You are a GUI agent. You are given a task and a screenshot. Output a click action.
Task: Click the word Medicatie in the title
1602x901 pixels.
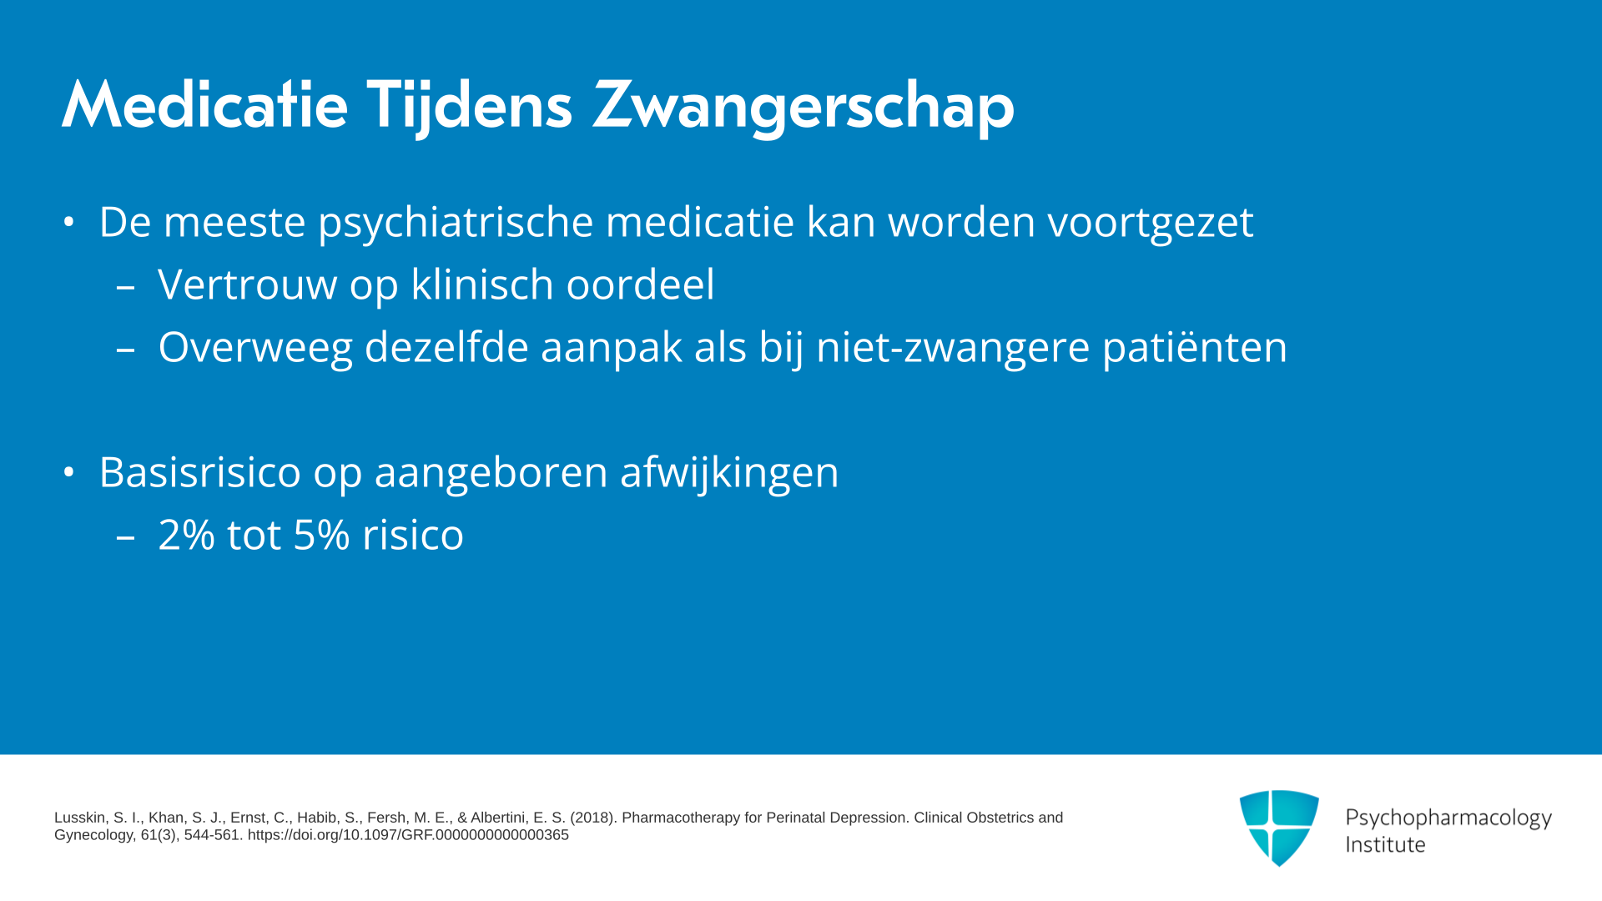pos(204,105)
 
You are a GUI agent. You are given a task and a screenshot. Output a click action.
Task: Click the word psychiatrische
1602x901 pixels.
pos(456,223)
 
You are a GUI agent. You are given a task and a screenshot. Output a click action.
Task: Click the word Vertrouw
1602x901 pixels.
pos(248,284)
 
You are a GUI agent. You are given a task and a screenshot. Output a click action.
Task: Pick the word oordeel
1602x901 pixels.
pos(640,284)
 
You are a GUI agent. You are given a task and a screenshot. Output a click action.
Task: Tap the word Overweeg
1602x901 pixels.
pos(255,348)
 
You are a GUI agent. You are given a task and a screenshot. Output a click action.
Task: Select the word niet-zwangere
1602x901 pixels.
pos(953,348)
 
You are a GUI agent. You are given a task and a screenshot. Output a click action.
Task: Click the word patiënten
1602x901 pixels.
pos(1195,348)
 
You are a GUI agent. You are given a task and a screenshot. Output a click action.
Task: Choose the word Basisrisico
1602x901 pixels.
pos(200,472)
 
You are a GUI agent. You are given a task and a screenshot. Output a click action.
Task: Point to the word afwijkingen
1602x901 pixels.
pos(729,473)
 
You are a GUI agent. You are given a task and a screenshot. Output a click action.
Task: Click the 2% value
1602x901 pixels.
pos(186,535)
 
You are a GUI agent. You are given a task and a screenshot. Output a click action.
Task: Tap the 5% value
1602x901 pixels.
pos(321,535)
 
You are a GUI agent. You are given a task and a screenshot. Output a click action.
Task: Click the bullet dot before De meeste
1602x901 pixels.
pos(69,222)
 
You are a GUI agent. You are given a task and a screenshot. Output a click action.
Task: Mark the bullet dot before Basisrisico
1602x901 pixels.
pos(69,472)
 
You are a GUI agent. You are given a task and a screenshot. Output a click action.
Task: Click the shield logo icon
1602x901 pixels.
pos(1279,828)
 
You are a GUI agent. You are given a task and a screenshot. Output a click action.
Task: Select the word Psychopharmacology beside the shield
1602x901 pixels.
pos(1448,818)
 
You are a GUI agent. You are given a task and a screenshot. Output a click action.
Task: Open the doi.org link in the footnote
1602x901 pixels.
pos(408,835)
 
